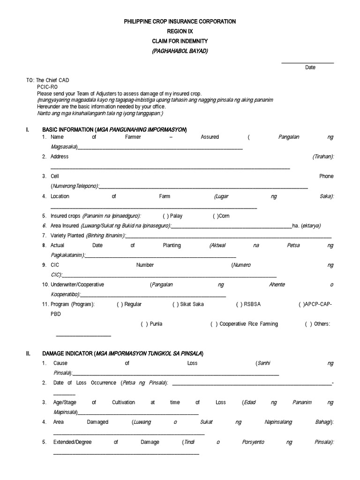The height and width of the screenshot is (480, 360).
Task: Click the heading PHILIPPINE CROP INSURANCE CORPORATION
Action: tap(180, 22)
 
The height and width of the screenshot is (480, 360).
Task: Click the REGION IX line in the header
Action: tap(180, 31)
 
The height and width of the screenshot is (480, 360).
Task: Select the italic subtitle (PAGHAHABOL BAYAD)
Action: tap(180, 51)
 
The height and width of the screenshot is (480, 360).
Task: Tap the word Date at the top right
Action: tap(310, 67)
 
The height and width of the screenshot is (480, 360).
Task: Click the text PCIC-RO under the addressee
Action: tap(47, 87)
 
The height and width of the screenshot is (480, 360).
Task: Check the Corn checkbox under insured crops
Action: tap(215, 216)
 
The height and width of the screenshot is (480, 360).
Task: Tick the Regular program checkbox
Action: tap(120, 304)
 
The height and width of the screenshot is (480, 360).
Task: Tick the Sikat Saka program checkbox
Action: tap(176, 304)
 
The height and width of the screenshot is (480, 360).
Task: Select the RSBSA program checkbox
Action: tap(239, 304)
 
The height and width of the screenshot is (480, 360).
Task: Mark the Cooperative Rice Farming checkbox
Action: tap(213, 324)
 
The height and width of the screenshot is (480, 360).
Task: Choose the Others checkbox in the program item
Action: tap(308, 324)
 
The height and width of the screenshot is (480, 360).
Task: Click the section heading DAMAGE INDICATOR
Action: tap(67, 353)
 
